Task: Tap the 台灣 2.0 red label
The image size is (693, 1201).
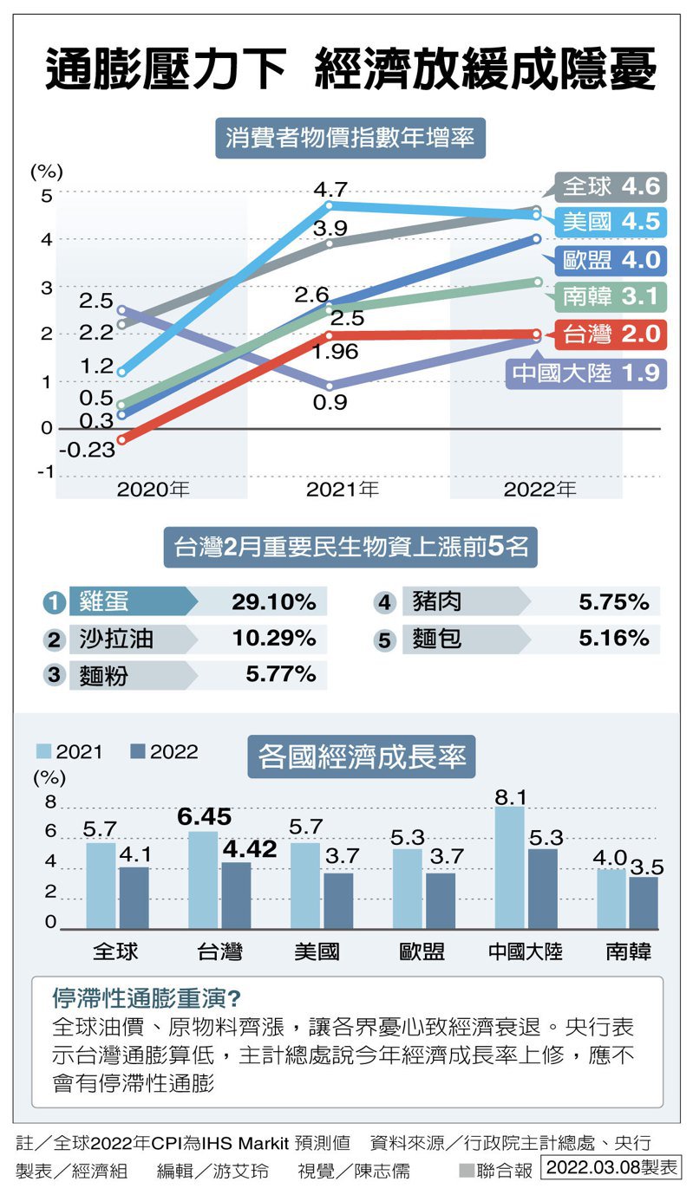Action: (x=611, y=334)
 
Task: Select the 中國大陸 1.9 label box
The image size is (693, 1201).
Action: (x=586, y=373)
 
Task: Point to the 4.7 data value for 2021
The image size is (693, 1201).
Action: (x=330, y=189)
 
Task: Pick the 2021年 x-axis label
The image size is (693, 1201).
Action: (x=343, y=490)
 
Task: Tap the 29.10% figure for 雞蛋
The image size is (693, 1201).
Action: (x=273, y=602)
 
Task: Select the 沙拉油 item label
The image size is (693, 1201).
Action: (x=116, y=639)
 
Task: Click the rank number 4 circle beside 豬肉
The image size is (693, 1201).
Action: (x=384, y=602)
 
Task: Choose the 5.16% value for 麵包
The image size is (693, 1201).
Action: (x=613, y=639)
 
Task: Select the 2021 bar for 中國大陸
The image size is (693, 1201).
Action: (x=510, y=867)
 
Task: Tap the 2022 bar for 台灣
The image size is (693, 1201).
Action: (x=236, y=894)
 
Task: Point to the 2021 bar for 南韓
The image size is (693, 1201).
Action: (x=611, y=898)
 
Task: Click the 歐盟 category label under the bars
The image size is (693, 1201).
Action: (x=422, y=951)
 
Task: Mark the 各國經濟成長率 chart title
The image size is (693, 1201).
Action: (x=362, y=756)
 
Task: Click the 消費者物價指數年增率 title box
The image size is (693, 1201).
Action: (x=350, y=138)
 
